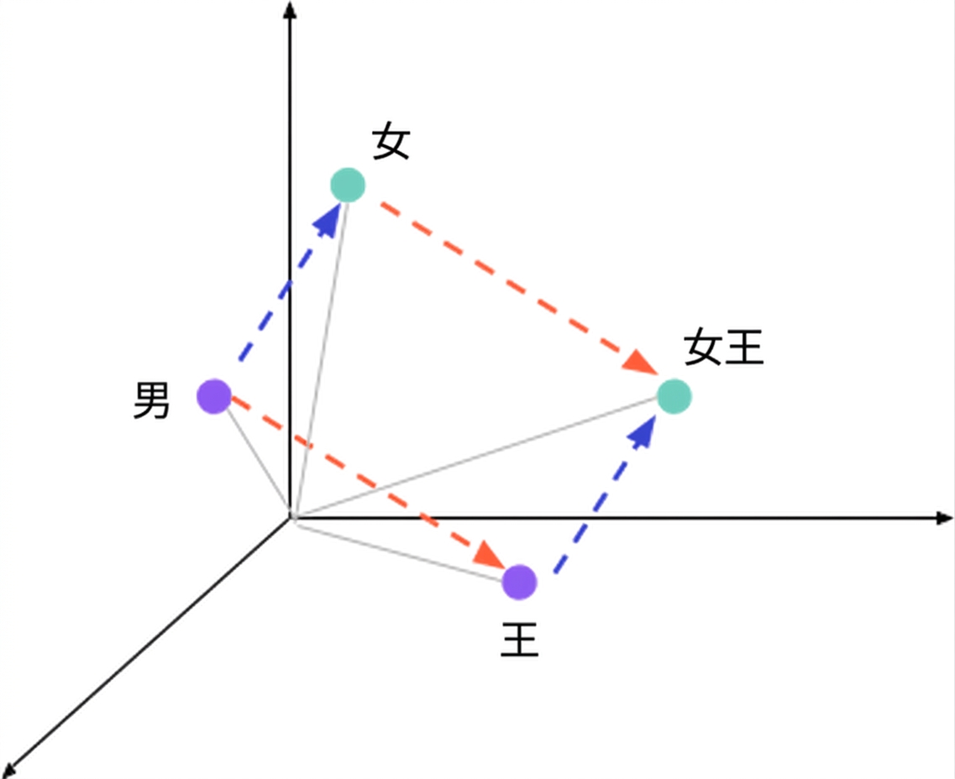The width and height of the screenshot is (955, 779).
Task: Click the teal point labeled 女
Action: click(x=348, y=185)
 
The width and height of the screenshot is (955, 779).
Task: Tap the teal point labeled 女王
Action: click(x=674, y=396)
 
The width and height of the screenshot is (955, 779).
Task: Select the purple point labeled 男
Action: click(x=214, y=396)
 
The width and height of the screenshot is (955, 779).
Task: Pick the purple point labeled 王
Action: click(x=520, y=582)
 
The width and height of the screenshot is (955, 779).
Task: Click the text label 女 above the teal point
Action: click(x=391, y=140)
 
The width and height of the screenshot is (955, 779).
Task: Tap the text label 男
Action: click(x=151, y=400)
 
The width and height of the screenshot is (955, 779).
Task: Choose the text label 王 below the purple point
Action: click(x=520, y=639)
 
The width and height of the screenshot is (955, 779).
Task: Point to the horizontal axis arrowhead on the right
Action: click(x=944, y=518)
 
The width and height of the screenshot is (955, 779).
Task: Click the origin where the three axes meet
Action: click(x=291, y=519)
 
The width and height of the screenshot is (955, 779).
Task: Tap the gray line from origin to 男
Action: click(x=257, y=462)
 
